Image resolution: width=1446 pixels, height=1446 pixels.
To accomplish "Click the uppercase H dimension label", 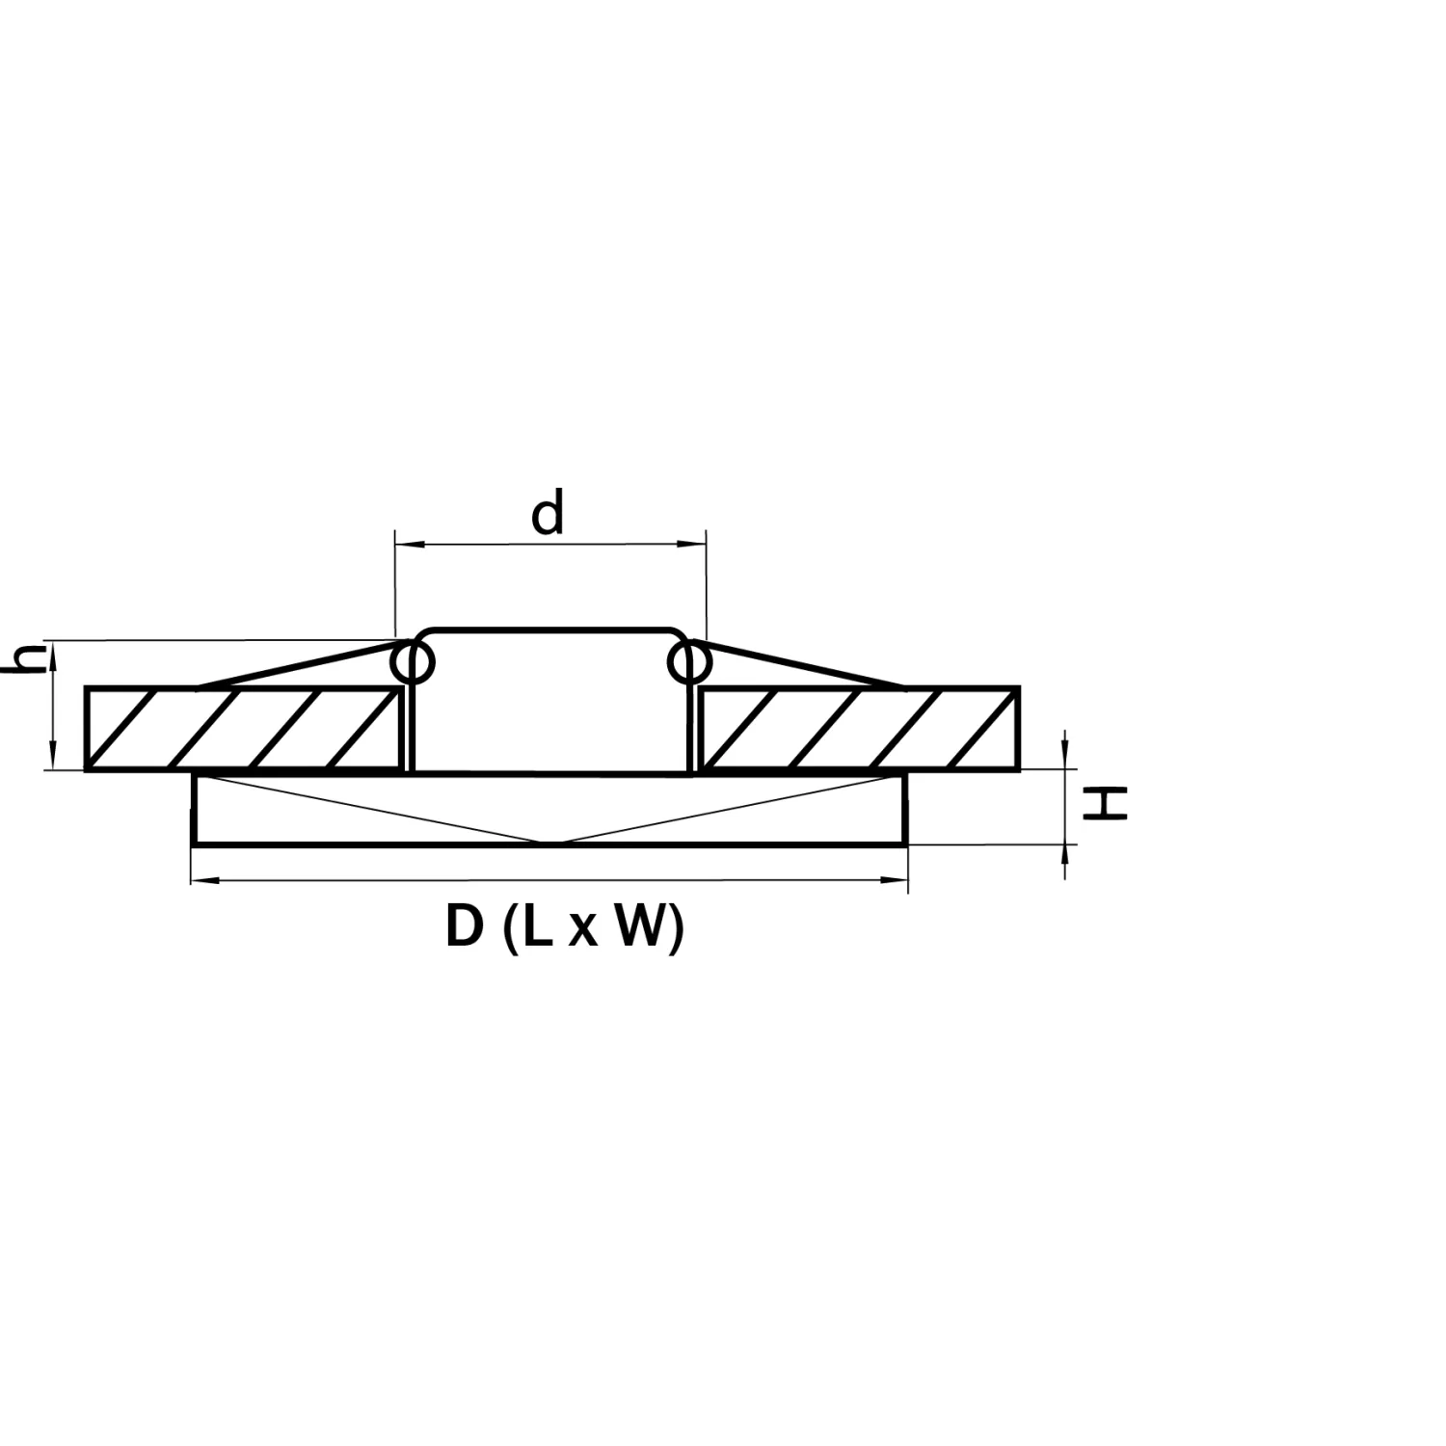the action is (x=1105, y=802).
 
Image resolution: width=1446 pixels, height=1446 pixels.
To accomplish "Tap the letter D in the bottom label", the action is (x=465, y=927).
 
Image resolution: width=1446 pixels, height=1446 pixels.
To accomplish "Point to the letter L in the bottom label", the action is (x=535, y=927).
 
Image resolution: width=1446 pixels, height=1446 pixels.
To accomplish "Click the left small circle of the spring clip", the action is (x=413, y=662).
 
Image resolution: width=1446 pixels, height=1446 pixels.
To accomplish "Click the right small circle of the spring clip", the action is (x=689, y=662).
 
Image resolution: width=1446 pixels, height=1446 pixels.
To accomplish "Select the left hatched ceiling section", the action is (x=244, y=729).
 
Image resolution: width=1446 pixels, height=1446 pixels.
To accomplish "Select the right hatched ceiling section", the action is (x=859, y=729).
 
